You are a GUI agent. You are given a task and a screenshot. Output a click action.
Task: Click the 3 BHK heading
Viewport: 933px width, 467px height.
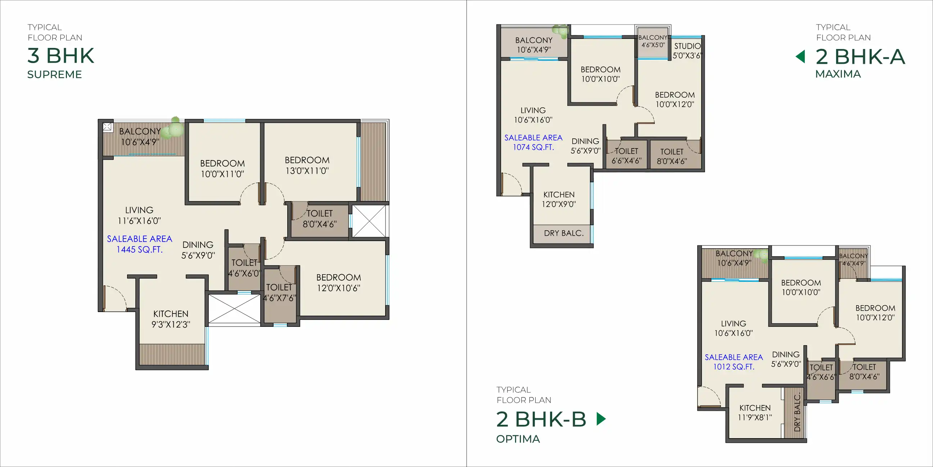click(x=61, y=56)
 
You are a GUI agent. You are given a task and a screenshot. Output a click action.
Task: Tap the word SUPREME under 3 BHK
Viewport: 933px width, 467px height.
click(x=54, y=75)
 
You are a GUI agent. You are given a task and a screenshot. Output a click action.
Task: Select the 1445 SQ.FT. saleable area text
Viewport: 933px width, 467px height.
click(x=139, y=249)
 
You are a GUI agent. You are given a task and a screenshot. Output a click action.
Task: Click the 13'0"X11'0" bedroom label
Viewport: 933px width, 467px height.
click(x=307, y=166)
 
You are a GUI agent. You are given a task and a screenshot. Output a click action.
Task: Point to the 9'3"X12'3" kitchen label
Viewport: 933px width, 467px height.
click(x=171, y=319)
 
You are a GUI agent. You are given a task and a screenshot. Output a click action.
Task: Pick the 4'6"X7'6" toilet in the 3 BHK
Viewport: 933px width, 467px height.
click(x=279, y=293)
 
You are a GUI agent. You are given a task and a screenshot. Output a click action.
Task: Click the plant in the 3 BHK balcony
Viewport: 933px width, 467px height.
click(x=174, y=128)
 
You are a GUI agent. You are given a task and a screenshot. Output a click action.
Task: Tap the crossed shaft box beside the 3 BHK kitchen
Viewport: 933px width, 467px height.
click(x=234, y=308)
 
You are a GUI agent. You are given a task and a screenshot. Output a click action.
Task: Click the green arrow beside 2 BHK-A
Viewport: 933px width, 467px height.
click(x=801, y=57)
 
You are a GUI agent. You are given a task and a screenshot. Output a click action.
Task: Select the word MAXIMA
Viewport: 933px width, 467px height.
click(x=838, y=74)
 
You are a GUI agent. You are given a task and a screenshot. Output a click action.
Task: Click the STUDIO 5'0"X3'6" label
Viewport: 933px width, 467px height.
click(x=687, y=51)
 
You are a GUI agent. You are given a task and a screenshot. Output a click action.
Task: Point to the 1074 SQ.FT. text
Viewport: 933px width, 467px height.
click(x=533, y=147)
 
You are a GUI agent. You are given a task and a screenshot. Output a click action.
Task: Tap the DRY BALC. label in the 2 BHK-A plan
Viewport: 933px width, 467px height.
click(x=564, y=233)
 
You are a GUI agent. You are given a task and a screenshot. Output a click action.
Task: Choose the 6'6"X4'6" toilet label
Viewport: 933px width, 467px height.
click(x=626, y=156)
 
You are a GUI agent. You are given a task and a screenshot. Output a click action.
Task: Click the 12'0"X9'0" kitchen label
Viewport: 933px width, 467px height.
click(x=559, y=199)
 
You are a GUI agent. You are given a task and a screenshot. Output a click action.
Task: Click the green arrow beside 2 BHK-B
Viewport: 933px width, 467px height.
click(x=601, y=419)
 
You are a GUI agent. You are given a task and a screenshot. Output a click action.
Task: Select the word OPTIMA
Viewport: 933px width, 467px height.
click(x=518, y=439)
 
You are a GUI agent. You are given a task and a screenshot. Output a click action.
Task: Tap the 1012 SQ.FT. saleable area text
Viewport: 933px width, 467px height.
click(x=734, y=366)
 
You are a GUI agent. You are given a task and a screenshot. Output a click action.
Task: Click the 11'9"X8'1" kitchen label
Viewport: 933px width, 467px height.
click(x=755, y=413)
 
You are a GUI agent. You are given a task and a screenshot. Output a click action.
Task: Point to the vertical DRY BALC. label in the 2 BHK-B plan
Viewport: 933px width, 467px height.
click(x=797, y=413)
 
